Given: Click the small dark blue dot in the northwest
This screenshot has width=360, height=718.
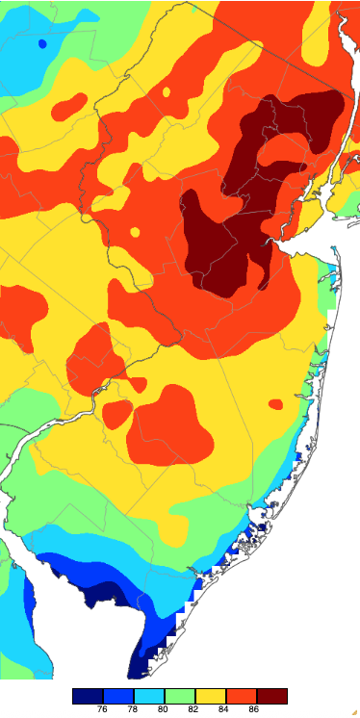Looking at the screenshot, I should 41,43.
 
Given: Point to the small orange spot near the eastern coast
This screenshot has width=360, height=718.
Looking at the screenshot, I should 276,404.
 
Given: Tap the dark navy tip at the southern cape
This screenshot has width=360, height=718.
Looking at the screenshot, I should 140,664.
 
